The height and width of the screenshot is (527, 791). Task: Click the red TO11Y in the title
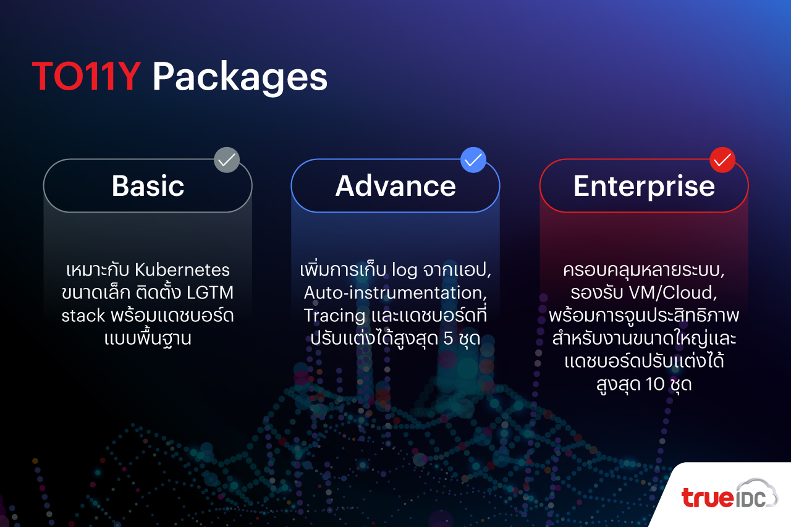pos(87,76)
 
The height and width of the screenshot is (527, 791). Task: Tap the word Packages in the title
pos(240,78)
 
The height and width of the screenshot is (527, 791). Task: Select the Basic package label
pos(148,186)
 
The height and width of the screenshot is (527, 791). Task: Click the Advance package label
pos(395,186)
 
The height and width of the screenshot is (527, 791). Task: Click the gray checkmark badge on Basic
pos(227,160)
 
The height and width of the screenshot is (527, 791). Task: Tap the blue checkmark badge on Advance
pos(473,160)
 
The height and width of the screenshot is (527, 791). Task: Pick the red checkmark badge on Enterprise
pos(722,160)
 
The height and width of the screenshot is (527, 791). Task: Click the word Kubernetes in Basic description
pos(182,270)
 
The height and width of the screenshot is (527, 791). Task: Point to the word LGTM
pos(210,293)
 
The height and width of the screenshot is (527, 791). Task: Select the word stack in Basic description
pos(83,315)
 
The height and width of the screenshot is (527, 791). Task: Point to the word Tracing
pos(334,316)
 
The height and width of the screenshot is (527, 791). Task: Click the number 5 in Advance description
pos(448,338)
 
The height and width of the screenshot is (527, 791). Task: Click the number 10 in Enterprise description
pos(655,384)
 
